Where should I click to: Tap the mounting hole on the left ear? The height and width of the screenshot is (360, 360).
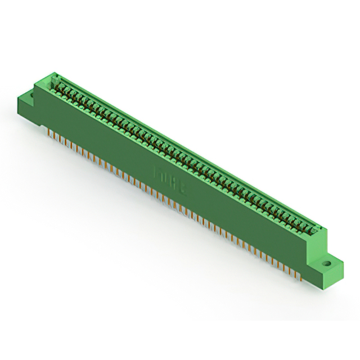coord(31,96)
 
